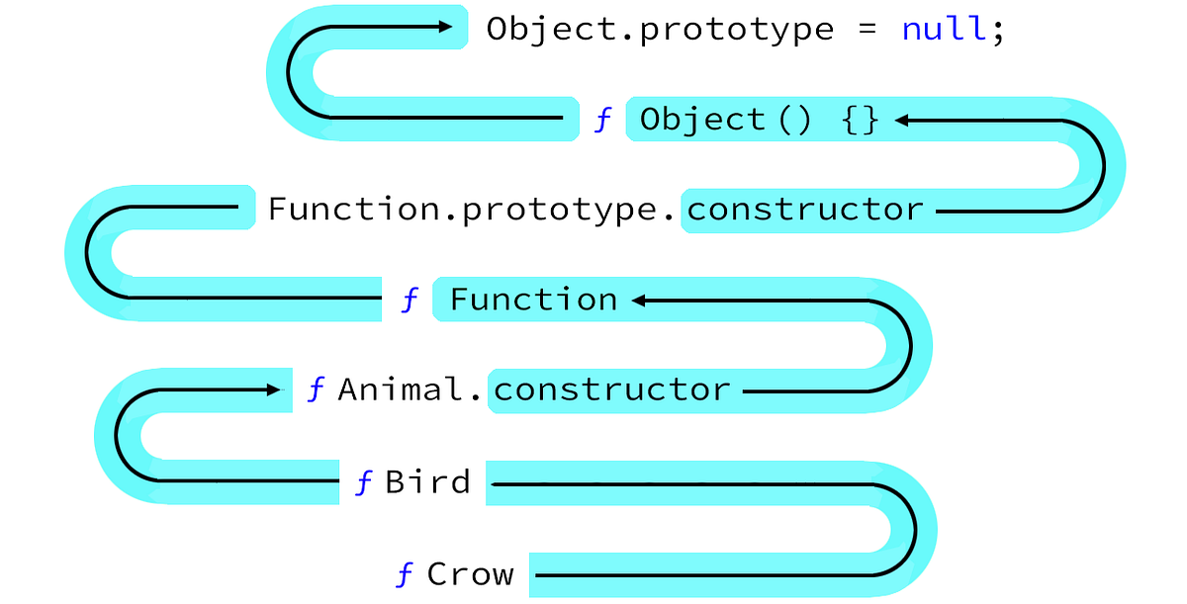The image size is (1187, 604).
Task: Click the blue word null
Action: click(x=945, y=29)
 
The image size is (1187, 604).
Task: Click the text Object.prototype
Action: click(x=660, y=29)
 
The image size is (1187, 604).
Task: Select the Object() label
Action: click(x=725, y=121)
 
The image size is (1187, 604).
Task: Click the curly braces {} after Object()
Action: click(x=860, y=121)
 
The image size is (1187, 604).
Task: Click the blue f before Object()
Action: click(x=602, y=121)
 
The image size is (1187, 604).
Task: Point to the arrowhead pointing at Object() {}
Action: click(x=901, y=121)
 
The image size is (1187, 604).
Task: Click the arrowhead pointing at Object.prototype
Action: click(x=442, y=28)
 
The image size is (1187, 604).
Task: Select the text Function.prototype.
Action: click(x=473, y=210)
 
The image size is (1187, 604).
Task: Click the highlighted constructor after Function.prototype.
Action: click(x=805, y=210)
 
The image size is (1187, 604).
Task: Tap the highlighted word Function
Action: click(x=533, y=300)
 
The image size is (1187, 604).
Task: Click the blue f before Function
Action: click(x=411, y=300)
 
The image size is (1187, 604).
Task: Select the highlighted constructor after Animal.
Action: click(x=611, y=389)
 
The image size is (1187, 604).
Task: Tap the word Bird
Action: click(x=427, y=482)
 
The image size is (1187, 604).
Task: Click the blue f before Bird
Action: click(x=364, y=482)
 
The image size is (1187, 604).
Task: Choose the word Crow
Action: click(x=470, y=573)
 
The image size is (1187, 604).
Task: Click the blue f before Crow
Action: click(x=404, y=574)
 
